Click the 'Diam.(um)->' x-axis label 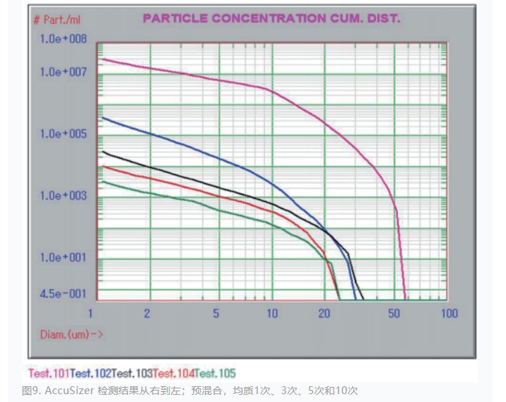click(60, 333)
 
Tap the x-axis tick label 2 click(146, 314)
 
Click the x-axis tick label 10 click(272, 314)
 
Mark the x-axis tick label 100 click(448, 314)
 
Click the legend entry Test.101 click(49, 373)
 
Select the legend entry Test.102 click(90, 373)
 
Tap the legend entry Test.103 click(132, 373)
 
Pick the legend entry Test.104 click(173, 373)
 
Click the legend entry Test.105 click(215, 373)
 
